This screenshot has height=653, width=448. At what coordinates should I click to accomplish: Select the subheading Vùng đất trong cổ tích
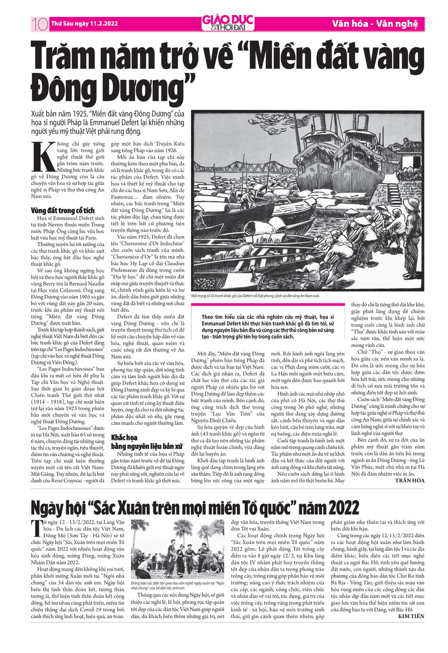62,210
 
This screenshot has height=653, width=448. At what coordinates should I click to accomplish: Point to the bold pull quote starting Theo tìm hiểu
269,326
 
